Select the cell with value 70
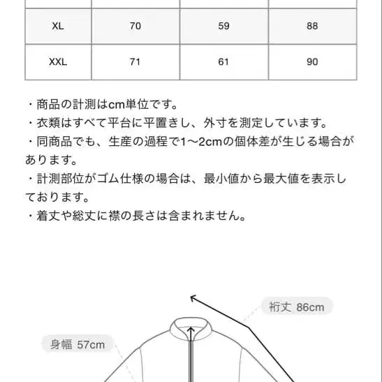[x=135, y=27]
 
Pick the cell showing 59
[x=223, y=27]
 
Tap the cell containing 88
[x=311, y=27]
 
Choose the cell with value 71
[x=135, y=62]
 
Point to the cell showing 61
[x=223, y=62]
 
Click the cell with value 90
[x=311, y=62]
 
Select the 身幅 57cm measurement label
[x=78, y=344]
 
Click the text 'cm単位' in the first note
[x=131, y=105]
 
